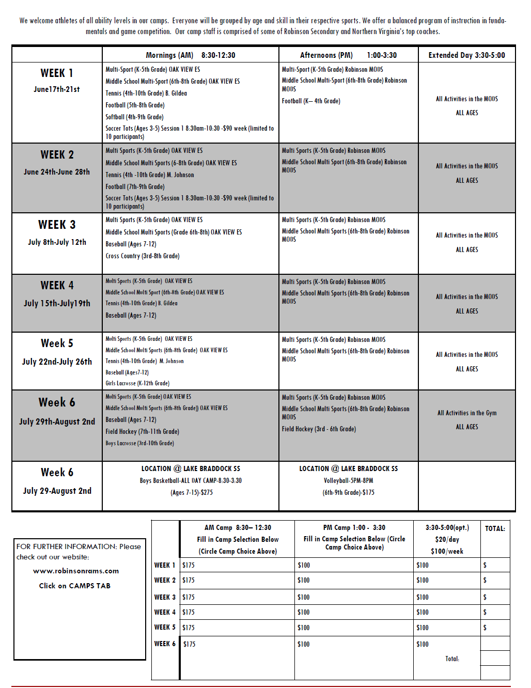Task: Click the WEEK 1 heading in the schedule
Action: [x=57, y=73]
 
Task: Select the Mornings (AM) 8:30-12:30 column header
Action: [x=190, y=55]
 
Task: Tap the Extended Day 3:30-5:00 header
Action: [x=466, y=55]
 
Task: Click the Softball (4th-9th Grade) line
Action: [x=134, y=117]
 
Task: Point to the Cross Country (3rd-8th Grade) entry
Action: [x=142, y=256]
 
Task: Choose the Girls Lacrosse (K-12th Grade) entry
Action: [x=137, y=383]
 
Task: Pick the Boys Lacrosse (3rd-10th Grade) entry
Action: [x=139, y=443]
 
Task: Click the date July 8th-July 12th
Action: [x=57, y=242]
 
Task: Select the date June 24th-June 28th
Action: [x=57, y=172]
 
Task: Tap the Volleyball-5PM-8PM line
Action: [x=348, y=481]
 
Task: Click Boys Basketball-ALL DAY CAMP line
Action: [x=191, y=481]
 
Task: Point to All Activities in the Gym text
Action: [x=467, y=413]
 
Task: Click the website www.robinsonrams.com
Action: [x=76, y=571]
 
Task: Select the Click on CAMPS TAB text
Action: [x=75, y=586]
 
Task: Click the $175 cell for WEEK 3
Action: [x=189, y=597]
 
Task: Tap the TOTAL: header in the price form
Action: [x=495, y=528]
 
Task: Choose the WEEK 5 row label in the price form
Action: [x=165, y=628]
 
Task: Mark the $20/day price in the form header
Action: [x=447, y=539]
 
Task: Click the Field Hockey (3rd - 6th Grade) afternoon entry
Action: [x=319, y=429]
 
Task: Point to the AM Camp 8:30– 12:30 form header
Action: [x=238, y=528]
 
